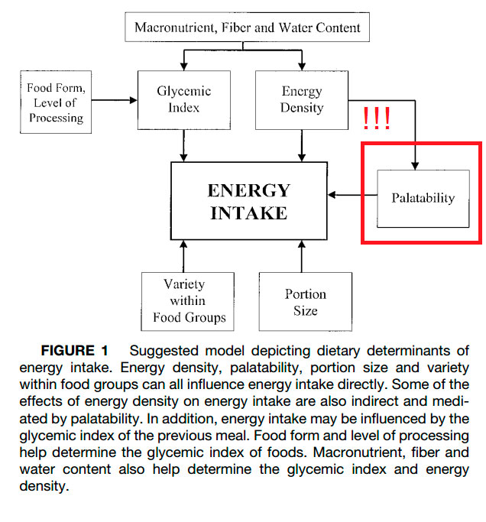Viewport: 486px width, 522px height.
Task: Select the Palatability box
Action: [x=423, y=198]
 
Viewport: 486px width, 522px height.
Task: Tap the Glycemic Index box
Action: [x=183, y=99]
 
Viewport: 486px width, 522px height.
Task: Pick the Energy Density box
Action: [x=301, y=99]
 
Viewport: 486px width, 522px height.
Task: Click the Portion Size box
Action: [x=305, y=302]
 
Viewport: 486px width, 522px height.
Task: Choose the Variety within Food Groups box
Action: [x=187, y=300]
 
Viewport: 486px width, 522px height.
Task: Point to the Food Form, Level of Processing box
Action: [x=56, y=102]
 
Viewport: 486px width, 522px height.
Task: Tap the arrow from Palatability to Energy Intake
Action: [x=355, y=196]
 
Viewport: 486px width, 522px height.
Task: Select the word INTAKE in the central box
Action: [x=249, y=212]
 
